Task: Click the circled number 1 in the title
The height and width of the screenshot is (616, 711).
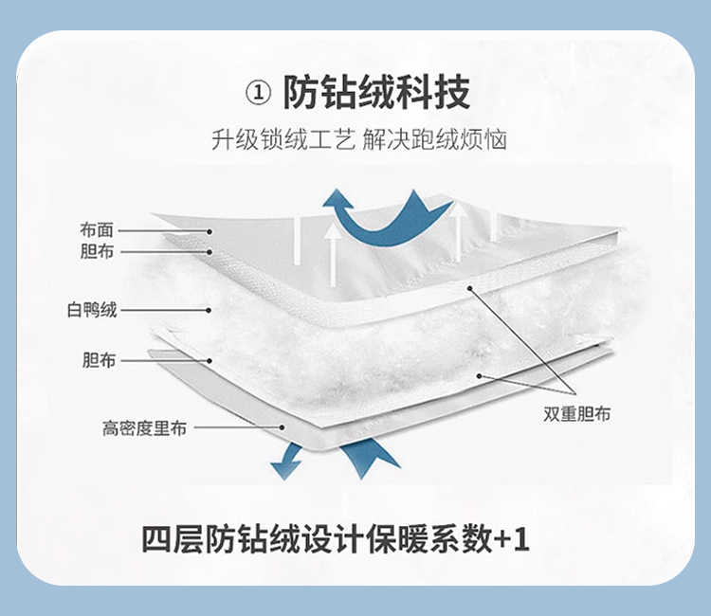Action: pos(257,94)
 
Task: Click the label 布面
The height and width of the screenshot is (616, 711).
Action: pos(97,230)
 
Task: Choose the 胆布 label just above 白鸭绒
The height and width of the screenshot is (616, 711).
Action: pos(97,252)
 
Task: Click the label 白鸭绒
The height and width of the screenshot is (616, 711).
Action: pos(91,310)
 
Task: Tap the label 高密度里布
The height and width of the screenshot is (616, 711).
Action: pos(144,428)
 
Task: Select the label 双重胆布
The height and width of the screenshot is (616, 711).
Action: pos(577,414)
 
